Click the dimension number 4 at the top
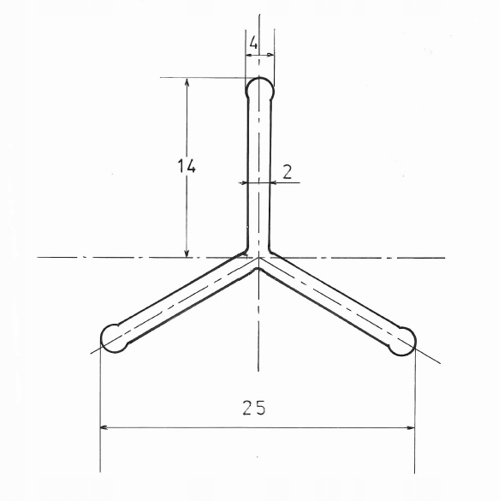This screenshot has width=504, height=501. [254, 42]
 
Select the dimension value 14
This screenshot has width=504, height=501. [187, 166]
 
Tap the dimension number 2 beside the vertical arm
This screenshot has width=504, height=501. [287, 170]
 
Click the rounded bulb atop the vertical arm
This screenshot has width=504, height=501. [260, 87]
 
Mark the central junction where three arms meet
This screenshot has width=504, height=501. [258, 259]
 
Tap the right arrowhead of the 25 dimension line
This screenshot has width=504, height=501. [412, 426]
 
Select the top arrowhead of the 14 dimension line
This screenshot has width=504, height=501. [187, 81]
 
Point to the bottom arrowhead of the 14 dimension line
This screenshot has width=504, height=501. [187, 253]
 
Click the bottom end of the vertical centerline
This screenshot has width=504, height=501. [258, 364]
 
